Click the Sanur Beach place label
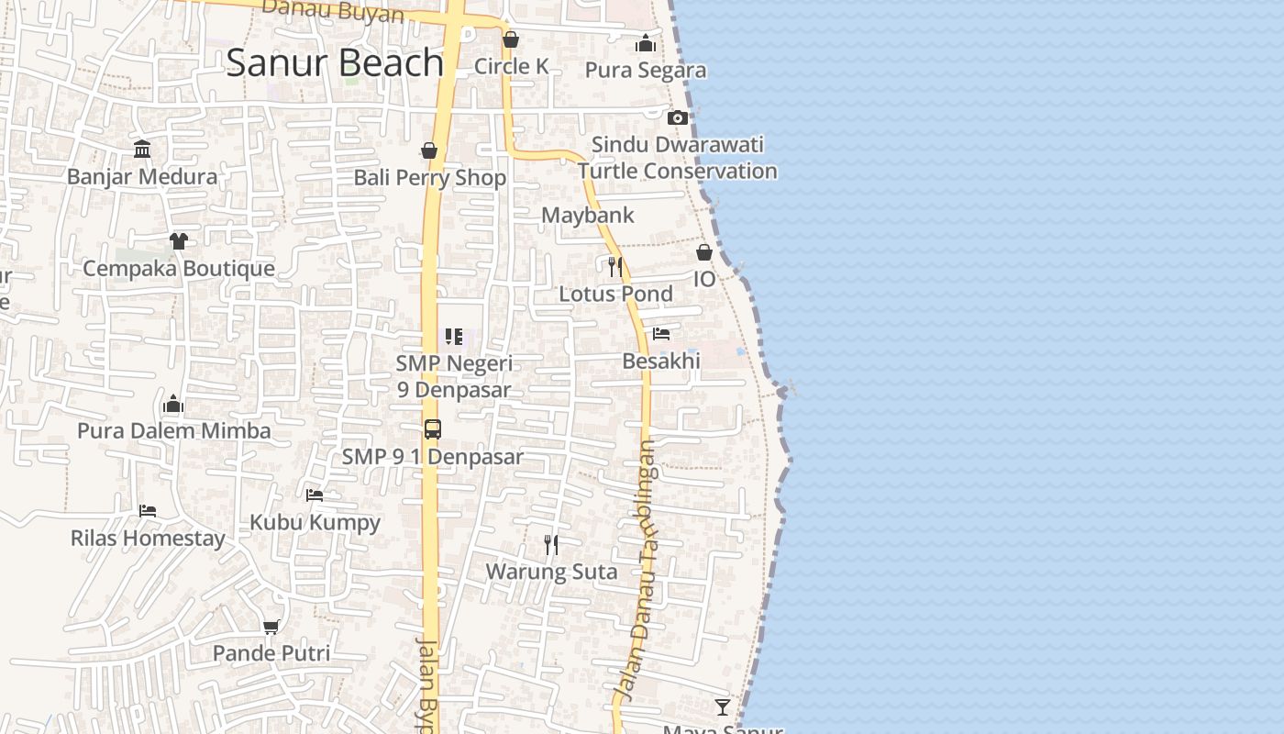(335, 62)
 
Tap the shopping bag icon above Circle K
(511, 39)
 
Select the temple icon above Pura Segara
(646, 43)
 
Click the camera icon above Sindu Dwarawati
(678, 117)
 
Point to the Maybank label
(588, 215)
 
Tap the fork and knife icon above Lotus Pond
(615, 267)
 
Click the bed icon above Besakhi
(661, 334)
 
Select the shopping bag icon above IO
(704, 252)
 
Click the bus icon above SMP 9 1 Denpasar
(433, 428)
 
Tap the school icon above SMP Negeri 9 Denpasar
(454, 337)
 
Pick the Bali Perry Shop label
(430, 177)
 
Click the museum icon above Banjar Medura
(142, 149)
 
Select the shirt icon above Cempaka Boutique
(178, 240)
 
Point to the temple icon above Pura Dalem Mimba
(173, 404)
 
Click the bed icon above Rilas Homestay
(148, 510)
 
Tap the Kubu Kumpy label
(315, 522)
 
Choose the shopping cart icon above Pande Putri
(271, 627)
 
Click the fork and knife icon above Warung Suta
(551, 545)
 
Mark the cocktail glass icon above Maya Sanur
(723, 706)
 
